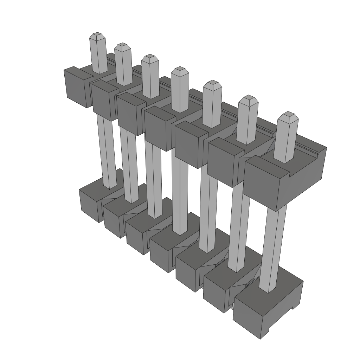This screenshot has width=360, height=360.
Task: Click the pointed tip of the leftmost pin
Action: tap(98, 36)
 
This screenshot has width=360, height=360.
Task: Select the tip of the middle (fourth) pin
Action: tap(180, 70)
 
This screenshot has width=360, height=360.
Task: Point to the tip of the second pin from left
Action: tap(122, 46)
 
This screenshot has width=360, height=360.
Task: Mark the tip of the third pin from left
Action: tap(150, 57)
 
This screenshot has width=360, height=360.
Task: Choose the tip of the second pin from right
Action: tap(248, 98)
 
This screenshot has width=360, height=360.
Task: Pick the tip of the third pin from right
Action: tap(212, 84)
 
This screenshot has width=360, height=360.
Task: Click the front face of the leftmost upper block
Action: tap(75, 87)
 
